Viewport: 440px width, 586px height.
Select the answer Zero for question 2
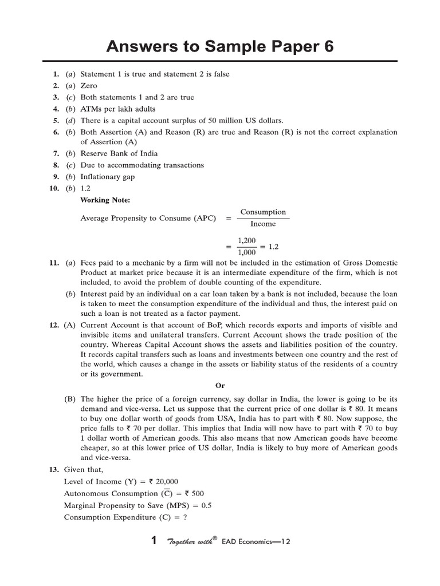coord(89,85)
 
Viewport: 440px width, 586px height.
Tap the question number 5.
coord(56,120)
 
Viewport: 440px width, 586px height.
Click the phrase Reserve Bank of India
coord(119,153)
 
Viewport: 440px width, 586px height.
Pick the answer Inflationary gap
coord(108,176)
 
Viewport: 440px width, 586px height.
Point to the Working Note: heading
coord(105,200)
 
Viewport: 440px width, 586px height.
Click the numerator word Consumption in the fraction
coord(263,212)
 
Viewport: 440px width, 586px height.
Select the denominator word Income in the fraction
coord(263,224)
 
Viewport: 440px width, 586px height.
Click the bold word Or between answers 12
coord(220,385)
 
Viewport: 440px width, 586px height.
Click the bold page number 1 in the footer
coord(153,541)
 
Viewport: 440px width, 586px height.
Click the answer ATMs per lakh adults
coord(117,109)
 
